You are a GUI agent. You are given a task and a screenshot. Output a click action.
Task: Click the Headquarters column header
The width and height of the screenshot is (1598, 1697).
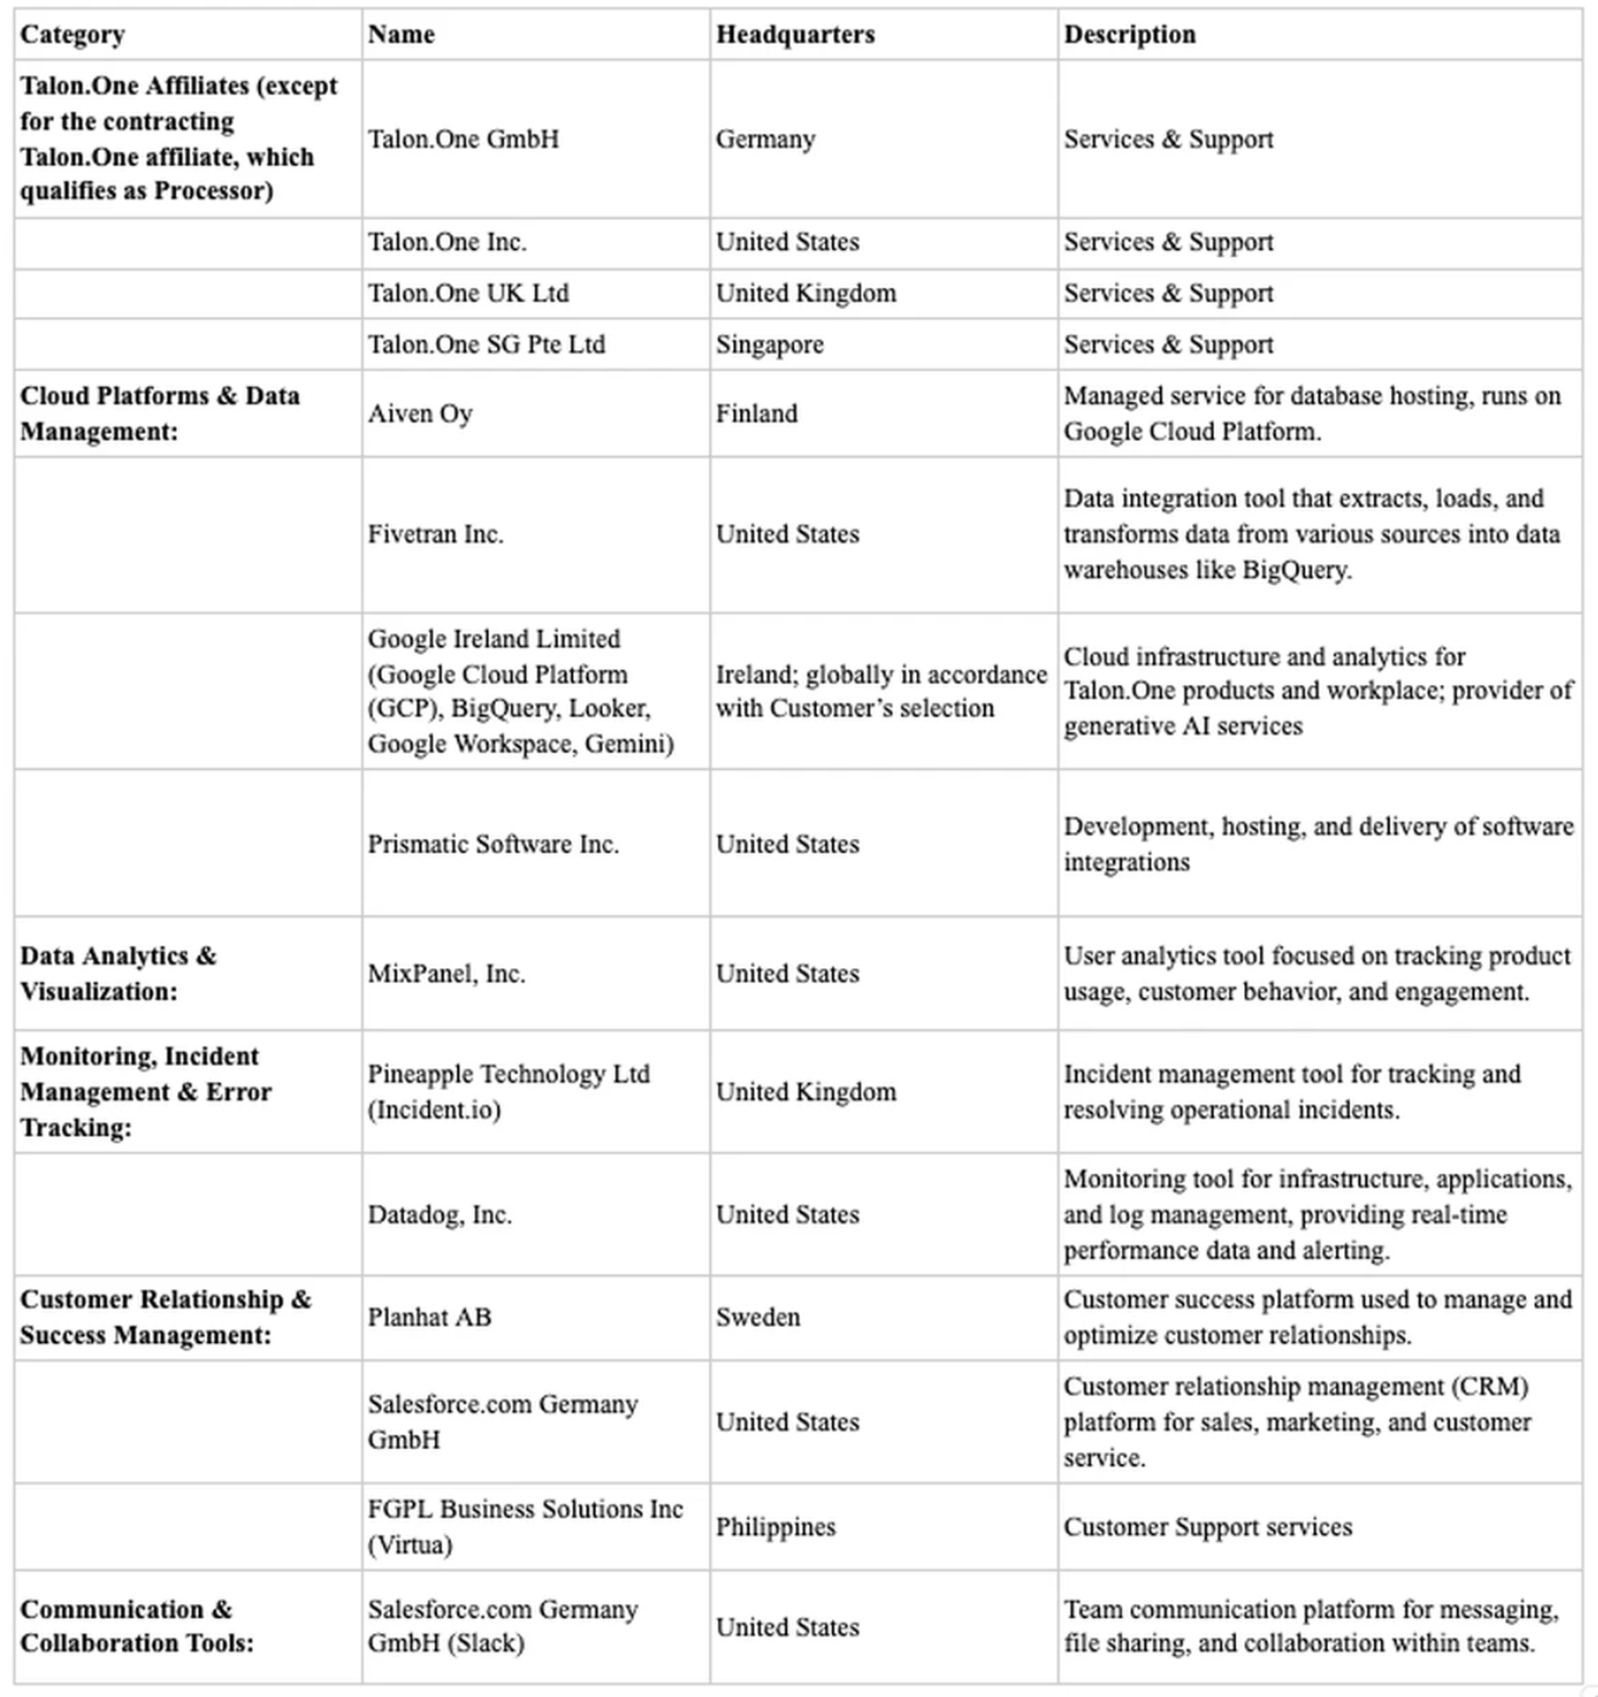click(x=795, y=34)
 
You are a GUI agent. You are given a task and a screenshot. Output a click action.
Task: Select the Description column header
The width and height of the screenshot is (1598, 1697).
click(x=1129, y=34)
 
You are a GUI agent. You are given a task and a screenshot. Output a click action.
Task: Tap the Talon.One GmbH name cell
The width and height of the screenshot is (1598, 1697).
click(x=464, y=139)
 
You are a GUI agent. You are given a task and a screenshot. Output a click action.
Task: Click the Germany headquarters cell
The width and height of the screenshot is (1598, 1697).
click(x=765, y=139)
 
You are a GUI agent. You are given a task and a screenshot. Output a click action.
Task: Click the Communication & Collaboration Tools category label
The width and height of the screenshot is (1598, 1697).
click(x=136, y=1626)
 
